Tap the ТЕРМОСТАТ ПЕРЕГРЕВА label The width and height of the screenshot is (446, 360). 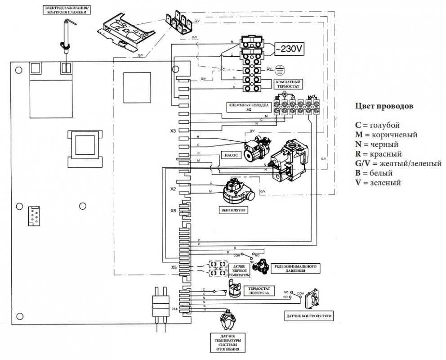pyautogui.click(x=259, y=290)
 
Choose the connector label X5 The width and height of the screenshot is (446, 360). pyautogui.click(x=174, y=267)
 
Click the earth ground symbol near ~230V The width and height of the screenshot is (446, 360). pyautogui.click(x=281, y=70)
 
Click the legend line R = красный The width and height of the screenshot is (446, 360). pyautogui.click(x=377, y=153)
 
